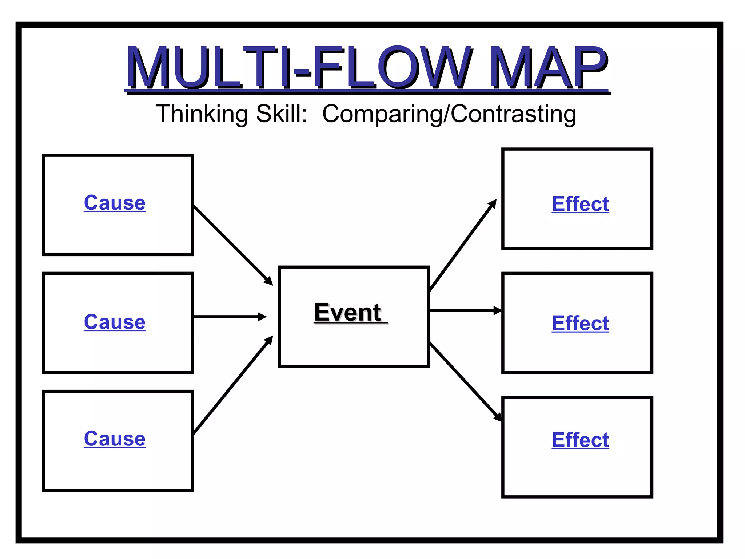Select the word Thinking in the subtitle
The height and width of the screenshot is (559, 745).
[202, 114]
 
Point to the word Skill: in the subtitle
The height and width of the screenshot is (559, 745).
[282, 114]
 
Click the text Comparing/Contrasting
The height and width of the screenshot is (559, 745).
[449, 114]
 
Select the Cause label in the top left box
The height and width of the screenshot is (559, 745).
[115, 203]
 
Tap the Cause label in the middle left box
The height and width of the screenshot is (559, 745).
[115, 322]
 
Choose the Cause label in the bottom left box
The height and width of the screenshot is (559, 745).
[115, 439]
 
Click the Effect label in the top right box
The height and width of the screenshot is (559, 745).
[580, 204]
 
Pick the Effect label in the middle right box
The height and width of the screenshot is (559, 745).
[580, 323]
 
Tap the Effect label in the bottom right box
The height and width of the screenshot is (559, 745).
[580, 440]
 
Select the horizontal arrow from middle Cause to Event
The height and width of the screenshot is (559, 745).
[229, 317]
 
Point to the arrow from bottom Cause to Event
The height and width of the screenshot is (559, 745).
[233, 385]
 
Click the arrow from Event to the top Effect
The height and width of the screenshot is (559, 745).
[463, 246]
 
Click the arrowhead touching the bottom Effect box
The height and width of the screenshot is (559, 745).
[498, 417]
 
